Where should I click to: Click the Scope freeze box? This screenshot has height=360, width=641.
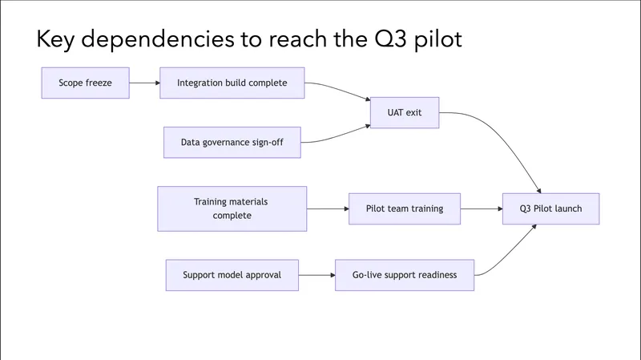[x=86, y=83]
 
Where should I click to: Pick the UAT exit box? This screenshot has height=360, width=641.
[x=404, y=112]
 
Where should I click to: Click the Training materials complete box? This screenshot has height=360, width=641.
[x=232, y=208]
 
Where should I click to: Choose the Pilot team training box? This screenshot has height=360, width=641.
[x=405, y=208]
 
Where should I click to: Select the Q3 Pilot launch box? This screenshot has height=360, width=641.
[x=550, y=208]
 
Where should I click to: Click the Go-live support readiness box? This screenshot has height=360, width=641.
[x=405, y=275]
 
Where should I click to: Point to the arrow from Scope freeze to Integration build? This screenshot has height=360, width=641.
[x=144, y=83]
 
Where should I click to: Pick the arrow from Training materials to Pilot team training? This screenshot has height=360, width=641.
[x=327, y=208]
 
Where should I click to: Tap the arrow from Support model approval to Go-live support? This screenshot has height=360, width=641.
[x=317, y=275]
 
